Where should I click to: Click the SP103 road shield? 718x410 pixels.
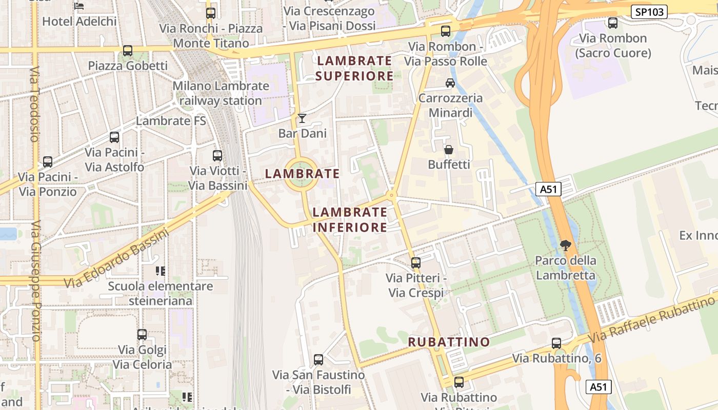(648, 12)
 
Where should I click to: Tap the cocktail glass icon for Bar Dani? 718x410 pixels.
(302, 118)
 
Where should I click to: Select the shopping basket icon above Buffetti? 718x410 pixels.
(449, 150)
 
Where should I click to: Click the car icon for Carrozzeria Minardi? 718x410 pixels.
(450, 83)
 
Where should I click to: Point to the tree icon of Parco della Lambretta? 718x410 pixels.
(566, 245)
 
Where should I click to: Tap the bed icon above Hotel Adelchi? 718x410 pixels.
(79, 6)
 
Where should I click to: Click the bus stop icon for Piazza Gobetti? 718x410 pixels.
(128, 51)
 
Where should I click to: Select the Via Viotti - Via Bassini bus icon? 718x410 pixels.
(217, 156)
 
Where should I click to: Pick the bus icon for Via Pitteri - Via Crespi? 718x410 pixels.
(416, 263)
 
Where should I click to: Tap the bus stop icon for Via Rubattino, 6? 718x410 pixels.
(556, 343)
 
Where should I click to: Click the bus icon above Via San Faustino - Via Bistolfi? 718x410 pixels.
(318, 360)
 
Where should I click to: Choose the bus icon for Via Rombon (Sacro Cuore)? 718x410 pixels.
(613, 23)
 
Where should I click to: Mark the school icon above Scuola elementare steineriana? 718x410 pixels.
(160, 271)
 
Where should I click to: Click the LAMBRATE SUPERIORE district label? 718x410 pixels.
(354, 68)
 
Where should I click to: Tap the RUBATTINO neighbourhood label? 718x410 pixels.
(449, 342)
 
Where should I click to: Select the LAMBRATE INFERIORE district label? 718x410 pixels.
(350, 219)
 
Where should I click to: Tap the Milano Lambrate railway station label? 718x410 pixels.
(221, 93)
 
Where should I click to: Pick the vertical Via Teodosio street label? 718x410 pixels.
(34, 104)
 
